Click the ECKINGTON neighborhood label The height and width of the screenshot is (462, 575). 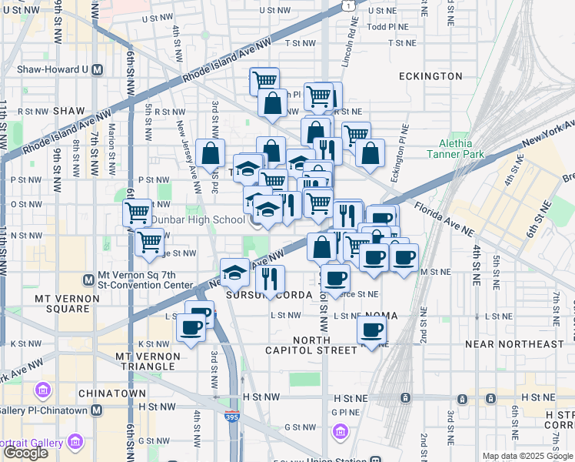(x=430, y=76)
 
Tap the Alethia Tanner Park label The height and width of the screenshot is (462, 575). (x=461, y=149)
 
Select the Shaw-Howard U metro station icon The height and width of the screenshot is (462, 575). (x=98, y=69)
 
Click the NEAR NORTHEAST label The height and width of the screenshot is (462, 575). (x=520, y=343)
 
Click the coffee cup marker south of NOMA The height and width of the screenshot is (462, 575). (x=372, y=331)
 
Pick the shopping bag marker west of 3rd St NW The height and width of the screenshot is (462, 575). (x=211, y=154)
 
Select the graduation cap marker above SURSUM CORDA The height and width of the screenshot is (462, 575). (x=235, y=273)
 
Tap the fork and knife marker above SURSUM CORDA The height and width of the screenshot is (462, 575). (x=270, y=278)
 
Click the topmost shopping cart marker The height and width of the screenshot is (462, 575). (x=264, y=80)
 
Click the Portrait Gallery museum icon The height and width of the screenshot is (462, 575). (x=75, y=442)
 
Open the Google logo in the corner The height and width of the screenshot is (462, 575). (x=25, y=453)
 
